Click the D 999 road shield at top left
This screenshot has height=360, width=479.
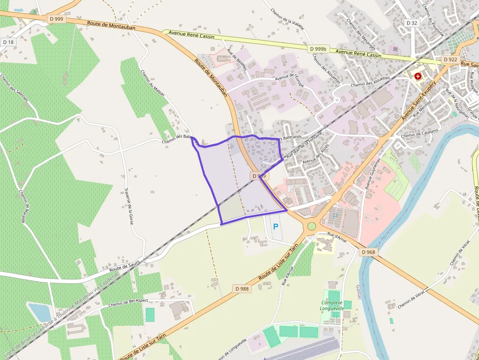point(57,19)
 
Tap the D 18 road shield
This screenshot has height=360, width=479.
point(8,42)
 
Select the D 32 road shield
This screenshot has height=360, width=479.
point(412,23)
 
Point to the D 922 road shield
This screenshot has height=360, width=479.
point(450,59)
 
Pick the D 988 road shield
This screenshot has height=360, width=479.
point(242,289)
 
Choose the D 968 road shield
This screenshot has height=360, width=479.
point(369,252)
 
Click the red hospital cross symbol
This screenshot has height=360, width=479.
point(418,77)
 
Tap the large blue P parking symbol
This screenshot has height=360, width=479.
point(275,227)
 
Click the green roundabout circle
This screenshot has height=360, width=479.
point(311,226)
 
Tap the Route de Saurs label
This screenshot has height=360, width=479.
point(125,265)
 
